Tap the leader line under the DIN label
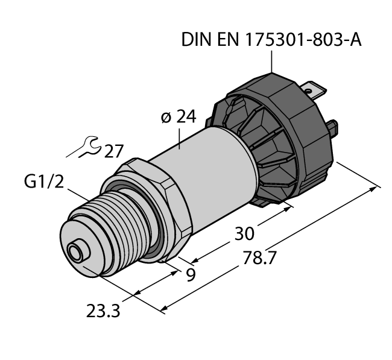coord(272,63)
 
